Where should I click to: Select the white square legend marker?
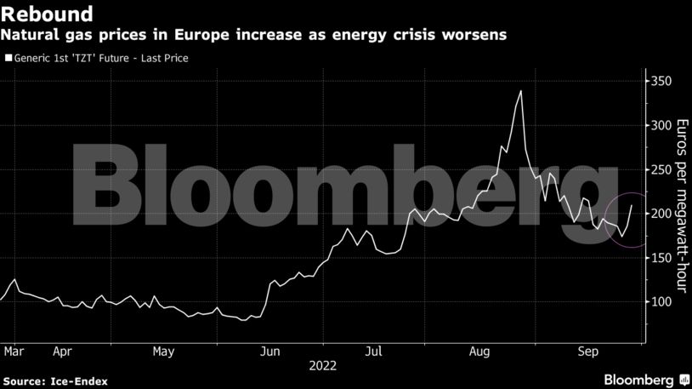(x=8, y=59)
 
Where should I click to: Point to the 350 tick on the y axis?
(x=661, y=82)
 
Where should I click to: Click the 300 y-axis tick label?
(x=661, y=126)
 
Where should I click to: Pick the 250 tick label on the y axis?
(x=661, y=169)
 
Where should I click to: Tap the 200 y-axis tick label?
(x=661, y=214)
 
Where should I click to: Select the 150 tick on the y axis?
(x=661, y=258)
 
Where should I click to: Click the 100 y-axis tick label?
(x=661, y=302)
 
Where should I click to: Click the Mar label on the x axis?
(x=12, y=350)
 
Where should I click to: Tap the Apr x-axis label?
(x=61, y=350)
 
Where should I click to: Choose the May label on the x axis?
(x=164, y=350)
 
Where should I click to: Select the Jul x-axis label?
(x=372, y=350)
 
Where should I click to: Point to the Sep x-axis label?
(x=587, y=350)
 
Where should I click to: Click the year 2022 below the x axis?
(x=324, y=366)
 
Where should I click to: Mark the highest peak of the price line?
(x=520, y=91)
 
